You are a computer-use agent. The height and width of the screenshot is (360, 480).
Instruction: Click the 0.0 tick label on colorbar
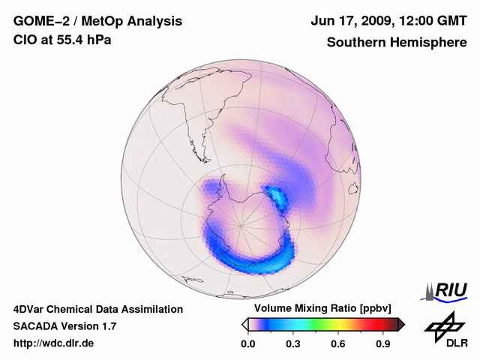[247, 344]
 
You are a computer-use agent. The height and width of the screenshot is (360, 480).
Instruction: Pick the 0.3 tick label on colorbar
[293, 344]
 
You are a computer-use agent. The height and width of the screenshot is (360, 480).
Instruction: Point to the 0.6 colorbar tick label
[338, 344]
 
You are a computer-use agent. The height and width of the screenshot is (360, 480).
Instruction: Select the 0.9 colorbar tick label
[383, 344]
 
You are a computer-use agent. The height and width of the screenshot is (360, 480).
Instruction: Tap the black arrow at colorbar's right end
[401, 324]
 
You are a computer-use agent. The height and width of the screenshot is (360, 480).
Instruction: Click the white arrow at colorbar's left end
[244, 324]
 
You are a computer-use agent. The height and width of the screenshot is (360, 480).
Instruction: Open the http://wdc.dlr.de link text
[54, 343]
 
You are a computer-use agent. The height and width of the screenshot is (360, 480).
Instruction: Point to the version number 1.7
[108, 326]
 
